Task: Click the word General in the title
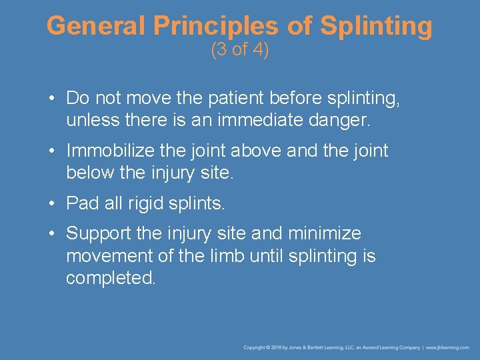coord(96,27)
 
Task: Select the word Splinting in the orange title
coord(376,27)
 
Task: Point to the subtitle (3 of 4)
coord(239,50)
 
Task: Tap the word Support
coord(97,234)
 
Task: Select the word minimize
coord(324,234)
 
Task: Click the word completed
coord(111,278)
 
